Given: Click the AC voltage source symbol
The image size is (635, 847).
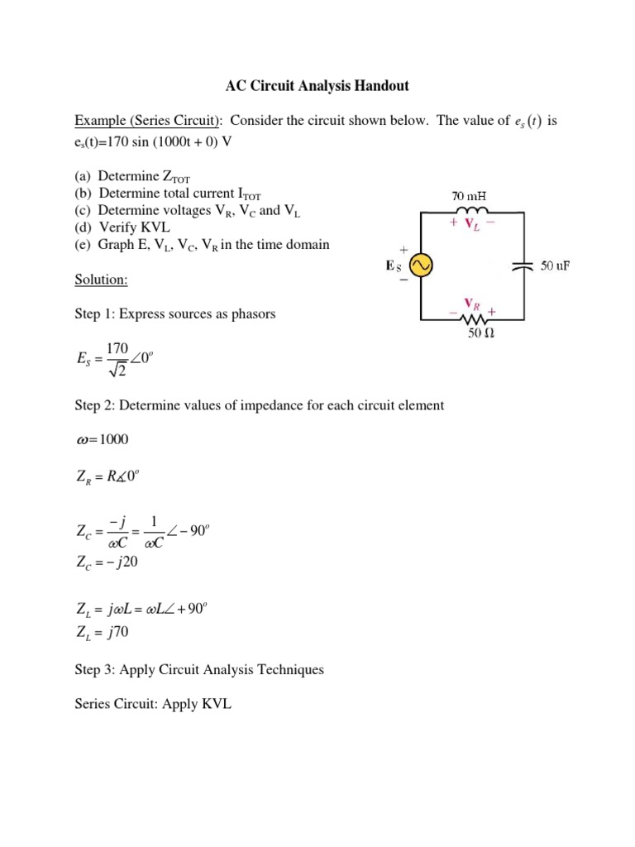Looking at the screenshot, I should click(422, 266).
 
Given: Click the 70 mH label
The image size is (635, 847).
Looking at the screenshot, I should click(469, 197).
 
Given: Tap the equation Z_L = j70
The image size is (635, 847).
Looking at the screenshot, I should click(102, 634).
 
